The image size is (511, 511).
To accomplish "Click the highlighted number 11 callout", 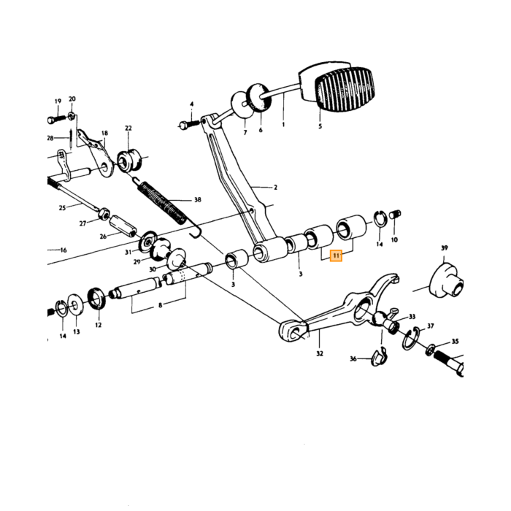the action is tap(336, 255).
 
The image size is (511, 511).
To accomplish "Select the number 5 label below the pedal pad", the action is tap(320, 126).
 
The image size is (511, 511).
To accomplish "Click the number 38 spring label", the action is tap(198, 199).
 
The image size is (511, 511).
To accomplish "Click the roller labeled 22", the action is tap(129, 161).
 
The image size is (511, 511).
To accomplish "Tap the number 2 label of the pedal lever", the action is tap(275, 188).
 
